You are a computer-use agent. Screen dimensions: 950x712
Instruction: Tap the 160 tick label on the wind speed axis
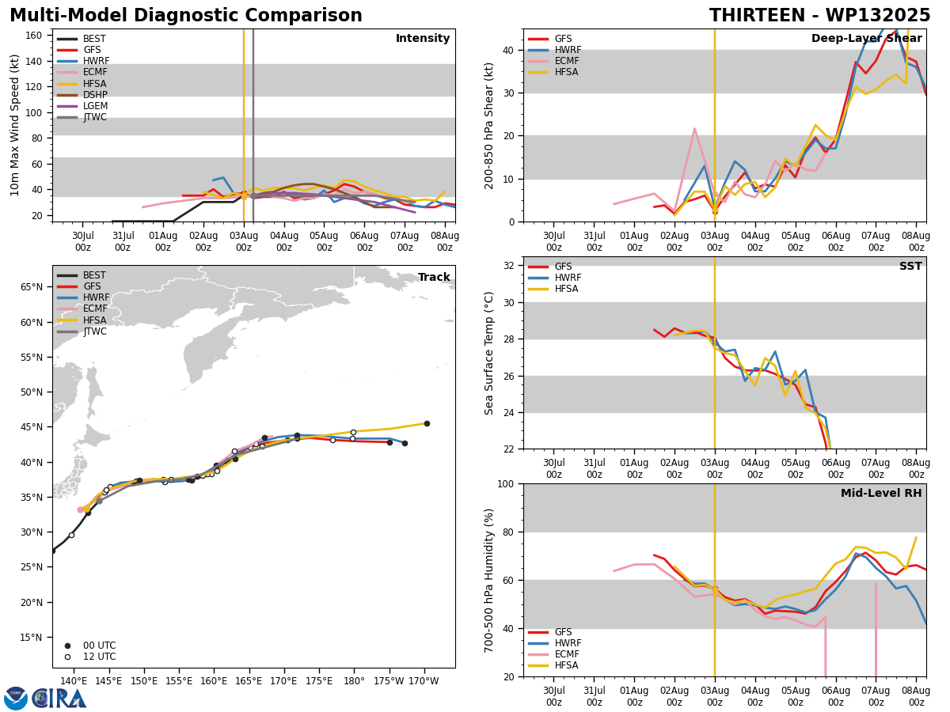pyautogui.click(x=33, y=36)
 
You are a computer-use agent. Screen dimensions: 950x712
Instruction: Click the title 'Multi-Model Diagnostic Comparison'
pyautogui.click(x=186, y=16)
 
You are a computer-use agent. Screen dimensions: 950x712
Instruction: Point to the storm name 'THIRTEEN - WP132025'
pyautogui.click(x=819, y=16)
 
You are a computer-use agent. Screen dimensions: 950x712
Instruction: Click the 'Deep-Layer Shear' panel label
pyautogui.click(x=866, y=39)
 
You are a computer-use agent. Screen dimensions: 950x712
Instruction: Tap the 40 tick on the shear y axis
pyautogui.click(x=508, y=50)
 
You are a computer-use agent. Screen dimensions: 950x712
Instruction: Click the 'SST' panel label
pyautogui.click(x=910, y=266)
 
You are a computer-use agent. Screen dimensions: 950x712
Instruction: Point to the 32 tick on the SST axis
pyautogui.click(x=508, y=266)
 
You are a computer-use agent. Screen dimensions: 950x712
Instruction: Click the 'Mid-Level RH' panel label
pyautogui.click(x=881, y=493)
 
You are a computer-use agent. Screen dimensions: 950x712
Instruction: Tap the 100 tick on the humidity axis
pyautogui.click(x=506, y=483)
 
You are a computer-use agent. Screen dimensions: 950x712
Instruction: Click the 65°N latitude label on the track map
pyautogui.click(x=32, y=287)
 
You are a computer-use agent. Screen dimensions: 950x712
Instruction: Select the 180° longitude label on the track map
pyautogui.click(x=354, y=681)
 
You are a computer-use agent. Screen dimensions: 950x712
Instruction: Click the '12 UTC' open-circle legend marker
pyautogui.click(x=67, y=657)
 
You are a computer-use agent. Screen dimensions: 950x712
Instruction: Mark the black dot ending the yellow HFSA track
pyautogui.click(x=427, y=424)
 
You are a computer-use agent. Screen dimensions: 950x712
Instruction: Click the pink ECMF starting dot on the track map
pyautogui.click(x=80, y=510)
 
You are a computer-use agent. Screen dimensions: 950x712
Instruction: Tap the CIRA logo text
pyautogui.click(x=59, y=699)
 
